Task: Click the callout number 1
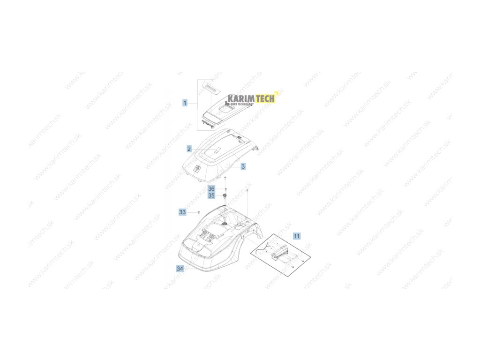(185, 103)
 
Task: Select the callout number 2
(189, 149)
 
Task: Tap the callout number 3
(243, 166)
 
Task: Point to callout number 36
(211, 188)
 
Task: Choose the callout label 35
(211, 195)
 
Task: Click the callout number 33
(182, 212)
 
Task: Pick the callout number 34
(180, 269)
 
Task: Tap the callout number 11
(297, 236)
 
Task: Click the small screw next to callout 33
(199, 212)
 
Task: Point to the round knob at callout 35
(225, 195)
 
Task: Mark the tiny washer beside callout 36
(225, 188)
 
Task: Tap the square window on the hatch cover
(226, 108)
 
